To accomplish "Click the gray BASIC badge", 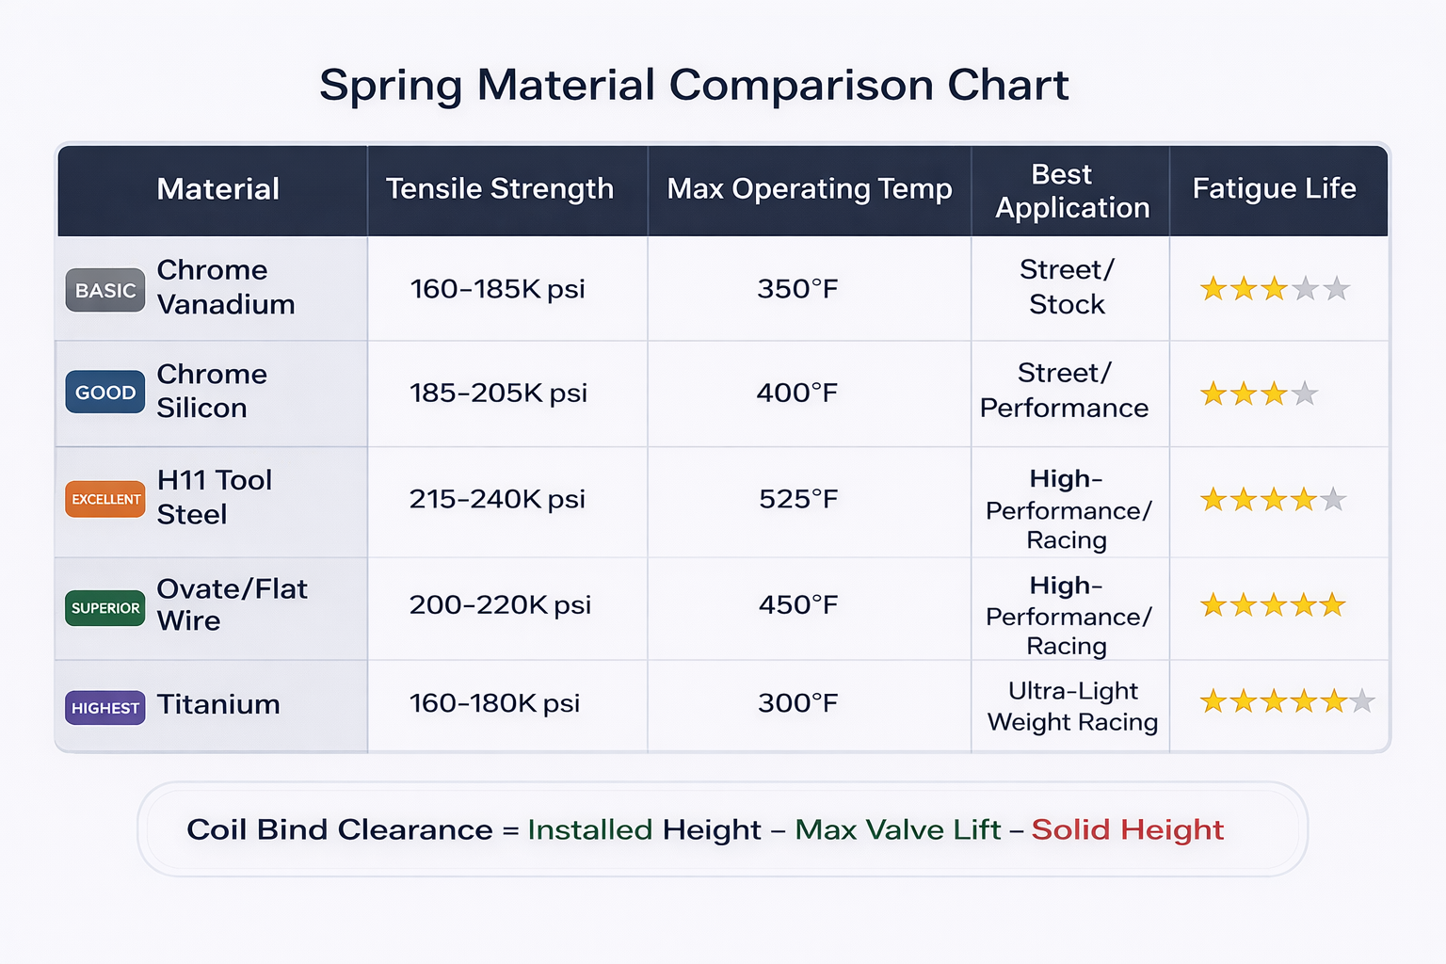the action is pos(105,290).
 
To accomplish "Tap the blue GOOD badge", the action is pos(105,392).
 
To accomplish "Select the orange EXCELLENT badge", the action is pos(105,499).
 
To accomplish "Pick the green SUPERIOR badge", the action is pos(105,607).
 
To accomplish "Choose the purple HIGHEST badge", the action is pos(105,708).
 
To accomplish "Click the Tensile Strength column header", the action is pos(500,188).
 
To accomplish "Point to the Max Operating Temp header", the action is pos(810,189).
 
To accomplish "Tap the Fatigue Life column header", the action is pos(1275,188).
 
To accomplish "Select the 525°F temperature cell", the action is pos(798,498).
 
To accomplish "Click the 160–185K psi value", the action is pos(498,289).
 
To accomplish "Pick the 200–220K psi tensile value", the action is pos(500,605).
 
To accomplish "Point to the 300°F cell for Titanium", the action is pos(798,702).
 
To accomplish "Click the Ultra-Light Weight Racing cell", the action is pos(1072,706).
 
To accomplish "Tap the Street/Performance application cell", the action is pos(1065,390).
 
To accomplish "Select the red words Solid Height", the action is pos(1127,829).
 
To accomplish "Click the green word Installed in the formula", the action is pos(590,829).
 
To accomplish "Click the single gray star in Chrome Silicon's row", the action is pos(1305,394).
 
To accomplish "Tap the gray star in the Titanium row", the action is pos(1362,701).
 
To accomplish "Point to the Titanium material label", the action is pos(218,704).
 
